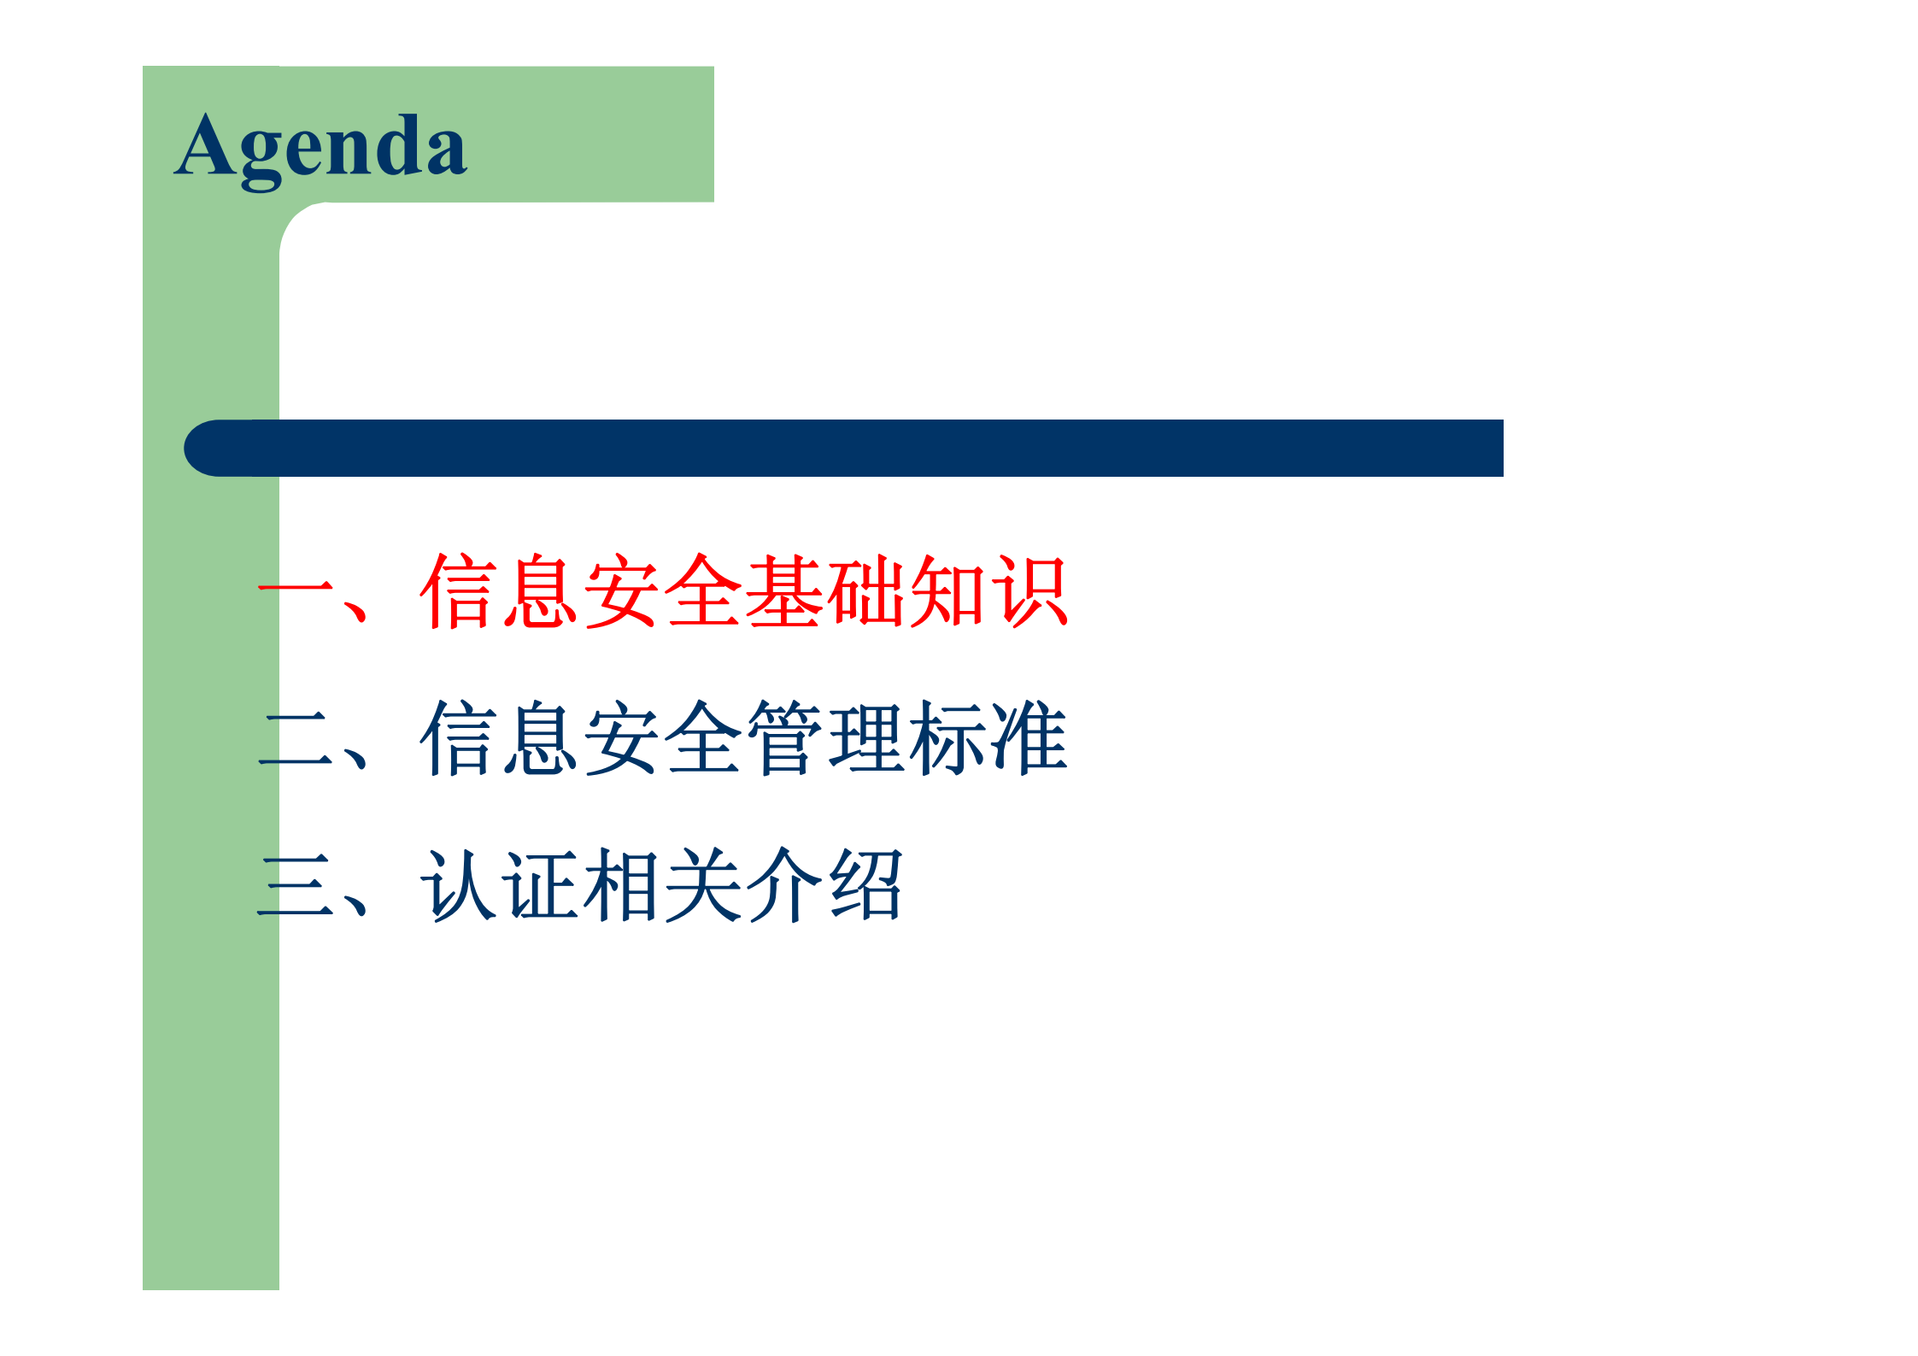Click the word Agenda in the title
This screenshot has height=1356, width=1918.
pyautogui.click(x=320, y=148)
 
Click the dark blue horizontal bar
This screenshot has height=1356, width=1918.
pyautogui.click(x=844, y=448)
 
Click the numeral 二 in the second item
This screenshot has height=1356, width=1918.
pyautogui.click(x=296, y=738)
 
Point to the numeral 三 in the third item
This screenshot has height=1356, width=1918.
pyautogui.click(x=296, y=885)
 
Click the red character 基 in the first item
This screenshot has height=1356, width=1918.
pyautogui.click(x=784, y=590)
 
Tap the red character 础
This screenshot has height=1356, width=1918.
pyautogui.click(x=865, y=590)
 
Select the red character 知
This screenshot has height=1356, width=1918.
pyautogui.click(x=947, y=590)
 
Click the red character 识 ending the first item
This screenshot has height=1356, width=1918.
pyautogui.click(x=1029, y=590)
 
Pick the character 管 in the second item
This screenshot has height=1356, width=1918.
pyautogui.click(x=784, y=738)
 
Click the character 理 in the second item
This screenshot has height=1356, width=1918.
pyautogui.click(x=865, y=738)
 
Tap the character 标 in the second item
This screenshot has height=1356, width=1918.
pyautogui.click(x=947, y=738)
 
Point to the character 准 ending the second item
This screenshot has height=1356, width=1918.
pyautogui.click(x=1029, y=738)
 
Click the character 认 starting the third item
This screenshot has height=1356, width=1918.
pyautogui.click(x=458, y=885)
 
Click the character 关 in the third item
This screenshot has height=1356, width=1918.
pyautogui.click(x=703, y=885)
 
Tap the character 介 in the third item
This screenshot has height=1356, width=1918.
pyautogui.click(x=784, y=885)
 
